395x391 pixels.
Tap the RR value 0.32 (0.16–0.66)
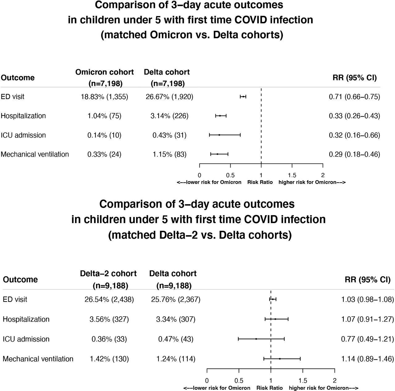pyautogui.click(x=354, y=135)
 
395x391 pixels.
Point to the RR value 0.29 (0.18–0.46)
pyautogui.click(x=354, y=154)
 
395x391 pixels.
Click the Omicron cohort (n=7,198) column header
pyautogui.click(x=105, y=77)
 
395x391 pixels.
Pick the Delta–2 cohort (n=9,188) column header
pyautogui.click(x=108, y=280)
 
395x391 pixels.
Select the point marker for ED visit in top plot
pyautogui.click(x=243, y=97)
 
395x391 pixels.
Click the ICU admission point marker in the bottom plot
pyautogui.click(x=256, y=339)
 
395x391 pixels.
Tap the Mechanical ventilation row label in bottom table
pyautogui.click(x=38, y=359)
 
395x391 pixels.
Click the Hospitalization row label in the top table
pyautogui.click(x=23, y=116)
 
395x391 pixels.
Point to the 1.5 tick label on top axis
pyautogui.click(x=292, y=175)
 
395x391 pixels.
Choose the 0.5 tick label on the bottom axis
pyautogui.click(x=239, y=381)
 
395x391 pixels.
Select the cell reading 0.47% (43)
pyautogui.click(x=176, y=339)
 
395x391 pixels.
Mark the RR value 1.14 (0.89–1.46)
pyautogui.click(x=367, y=359)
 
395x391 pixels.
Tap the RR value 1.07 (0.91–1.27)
pyautogui.click(x=367, y=319)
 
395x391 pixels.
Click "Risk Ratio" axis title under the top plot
pyautogui.click(x=260, y=182)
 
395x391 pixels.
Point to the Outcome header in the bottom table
pyautogui.click(x=20, y=280)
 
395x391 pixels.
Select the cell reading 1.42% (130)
pyautogui.click(x=109, y=359)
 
